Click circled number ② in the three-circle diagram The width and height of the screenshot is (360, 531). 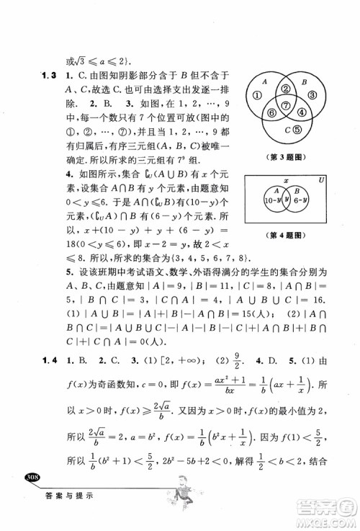[x=286, y=89]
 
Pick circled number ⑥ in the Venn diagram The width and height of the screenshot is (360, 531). [x=271, y=112]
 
